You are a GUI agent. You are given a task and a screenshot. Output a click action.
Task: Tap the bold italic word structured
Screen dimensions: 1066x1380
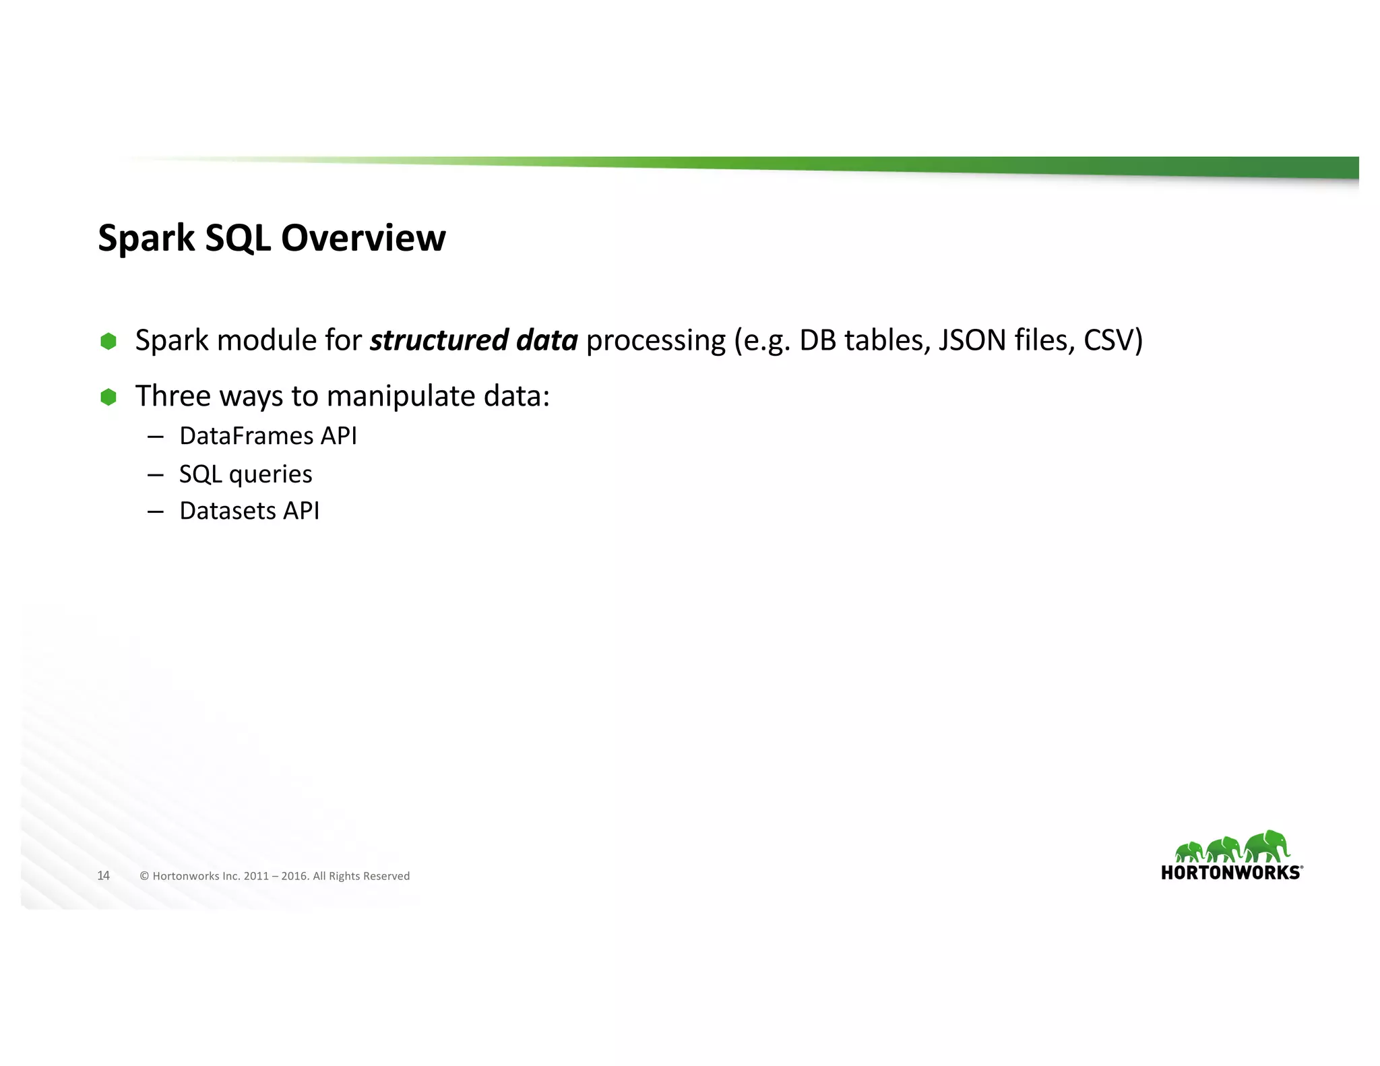tap(439, 340)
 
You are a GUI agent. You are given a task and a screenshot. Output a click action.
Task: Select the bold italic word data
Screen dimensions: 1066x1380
tap(547, 340)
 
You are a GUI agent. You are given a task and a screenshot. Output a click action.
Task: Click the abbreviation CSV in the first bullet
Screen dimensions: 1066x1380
tap(1108, 340)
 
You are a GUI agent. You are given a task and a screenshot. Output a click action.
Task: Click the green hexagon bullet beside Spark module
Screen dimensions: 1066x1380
tap(108, 341)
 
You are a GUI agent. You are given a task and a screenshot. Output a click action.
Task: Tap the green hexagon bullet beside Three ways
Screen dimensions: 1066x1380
tap(108, 397)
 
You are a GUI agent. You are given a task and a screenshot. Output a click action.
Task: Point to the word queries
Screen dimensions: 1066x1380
tap(271, 474)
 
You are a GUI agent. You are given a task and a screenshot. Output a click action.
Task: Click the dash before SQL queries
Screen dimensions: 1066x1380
tap(155, 474)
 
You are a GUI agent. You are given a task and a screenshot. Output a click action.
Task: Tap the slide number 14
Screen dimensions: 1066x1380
tap(103, 875)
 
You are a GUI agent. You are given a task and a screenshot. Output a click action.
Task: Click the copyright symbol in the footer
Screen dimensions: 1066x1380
tap(144, 876)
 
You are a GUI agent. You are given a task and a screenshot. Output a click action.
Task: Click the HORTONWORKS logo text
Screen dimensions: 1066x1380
tap(1231, 873)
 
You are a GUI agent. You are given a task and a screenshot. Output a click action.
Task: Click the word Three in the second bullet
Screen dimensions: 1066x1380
tap(172, 396)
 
